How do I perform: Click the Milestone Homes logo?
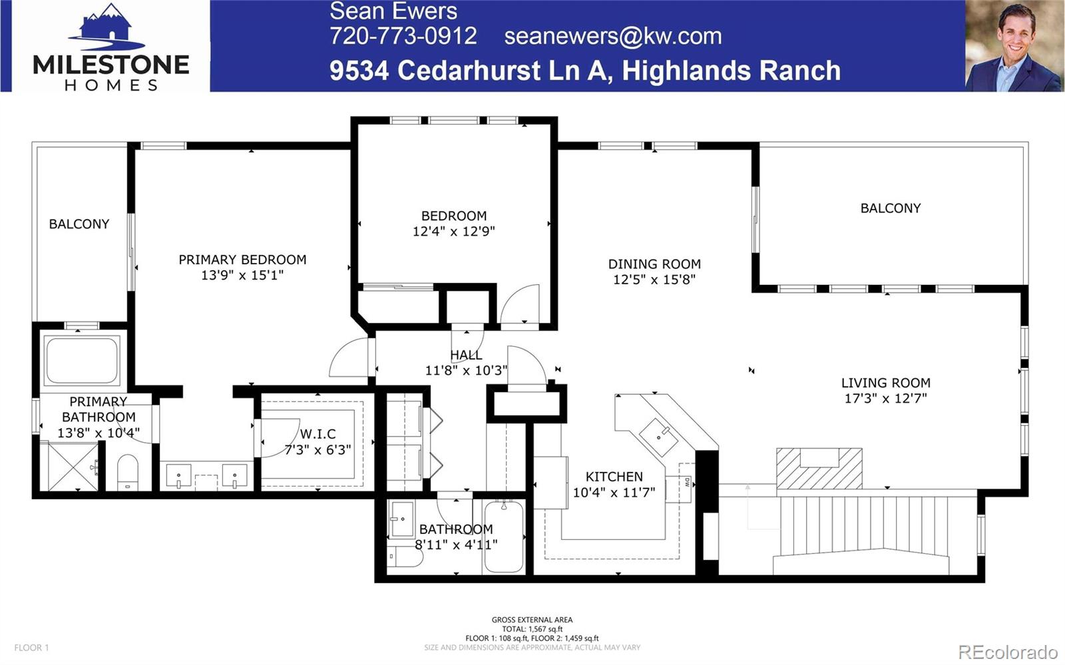click(x=110, y=47)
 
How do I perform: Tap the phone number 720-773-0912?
click(x=403, y=36)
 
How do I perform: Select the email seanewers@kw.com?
click(x=612, y=36)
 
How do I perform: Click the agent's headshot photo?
click(x=1013, y=46)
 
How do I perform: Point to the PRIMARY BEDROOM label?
click(x=242, y=260)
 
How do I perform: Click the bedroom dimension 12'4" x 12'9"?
click(x=453, y=232)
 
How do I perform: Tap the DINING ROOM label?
click(x=654, y=264)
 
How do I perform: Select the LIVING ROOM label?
click(x=885, y=383)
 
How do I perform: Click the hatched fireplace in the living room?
click(x=819, y=468)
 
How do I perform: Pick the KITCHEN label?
click(x=614, y=477)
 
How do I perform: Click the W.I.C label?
click(x=318, y=434)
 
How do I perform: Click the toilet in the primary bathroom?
click(x=127, y=472)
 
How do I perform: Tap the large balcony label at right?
click(x=890, y=208)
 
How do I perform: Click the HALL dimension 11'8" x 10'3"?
click(x=466, y=370)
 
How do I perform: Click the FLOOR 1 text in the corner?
click(x=31, y=647)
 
